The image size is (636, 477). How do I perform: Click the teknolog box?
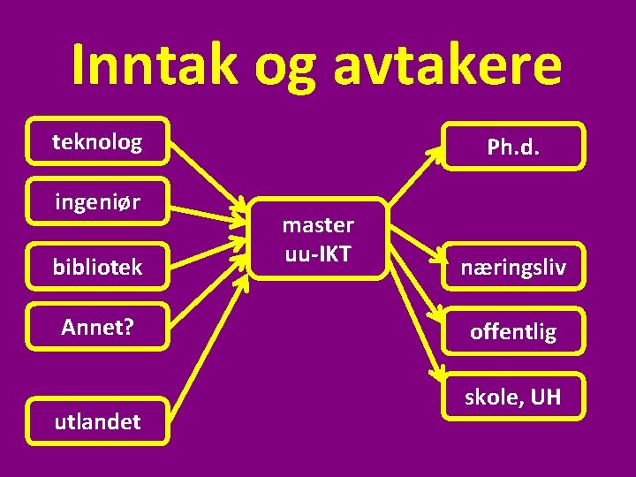pyautogui.click(x=97, y=141)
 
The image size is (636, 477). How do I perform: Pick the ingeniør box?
pyautogui.click(x=97, y=203)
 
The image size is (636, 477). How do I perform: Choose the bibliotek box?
pyautogui.click(x=97, y=266)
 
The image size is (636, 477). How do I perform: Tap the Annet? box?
pyautogui.click(x=97, y=327)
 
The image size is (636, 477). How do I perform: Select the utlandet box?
pyautogui.click(x=97, y=422)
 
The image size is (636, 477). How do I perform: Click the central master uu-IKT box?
pyautogui.click(x=318, y=239)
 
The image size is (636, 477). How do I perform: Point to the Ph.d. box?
pyautogui.click(x=513, y=147)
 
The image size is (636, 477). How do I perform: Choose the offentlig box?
pyautogui.click(x=513, y=331)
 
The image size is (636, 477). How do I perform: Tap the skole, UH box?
pyautogui.click(x=513, y=397)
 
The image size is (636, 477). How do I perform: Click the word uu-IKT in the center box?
pyautogui.click(x=318, y=254)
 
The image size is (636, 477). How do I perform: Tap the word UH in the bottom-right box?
pyautogui.click(x=545, y=397)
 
